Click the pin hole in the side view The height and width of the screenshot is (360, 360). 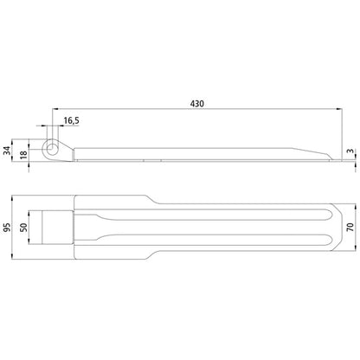pyautogui.click(x=54, y=149)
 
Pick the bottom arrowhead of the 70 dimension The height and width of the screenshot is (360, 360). pyautogui.click(x=343, y=232)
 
